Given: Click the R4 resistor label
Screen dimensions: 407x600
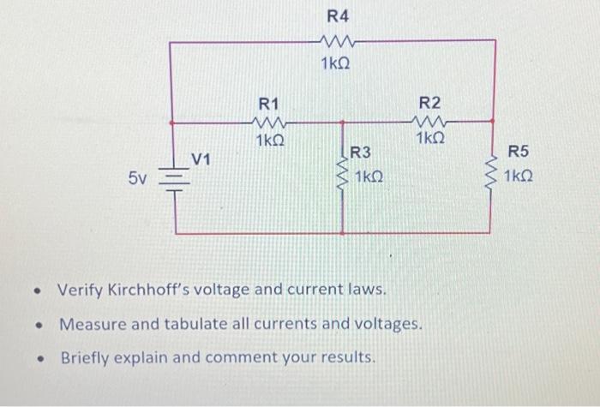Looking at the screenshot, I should [338, 16].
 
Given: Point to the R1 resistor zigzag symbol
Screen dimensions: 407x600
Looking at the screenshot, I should [270, 122].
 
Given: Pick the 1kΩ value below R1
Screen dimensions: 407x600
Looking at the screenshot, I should [270, 141].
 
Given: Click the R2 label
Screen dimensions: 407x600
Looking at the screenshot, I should [429, 102].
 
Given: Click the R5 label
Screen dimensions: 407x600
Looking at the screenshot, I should [519, 153].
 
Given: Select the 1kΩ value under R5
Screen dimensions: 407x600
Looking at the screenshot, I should [519, 177].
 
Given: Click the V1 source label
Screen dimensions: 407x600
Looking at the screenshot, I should [201, 159].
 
